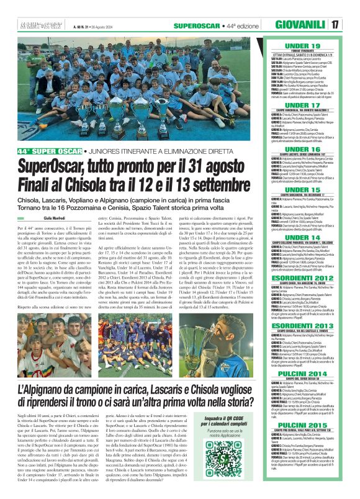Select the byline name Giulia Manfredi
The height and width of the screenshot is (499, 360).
click(38, 218)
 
